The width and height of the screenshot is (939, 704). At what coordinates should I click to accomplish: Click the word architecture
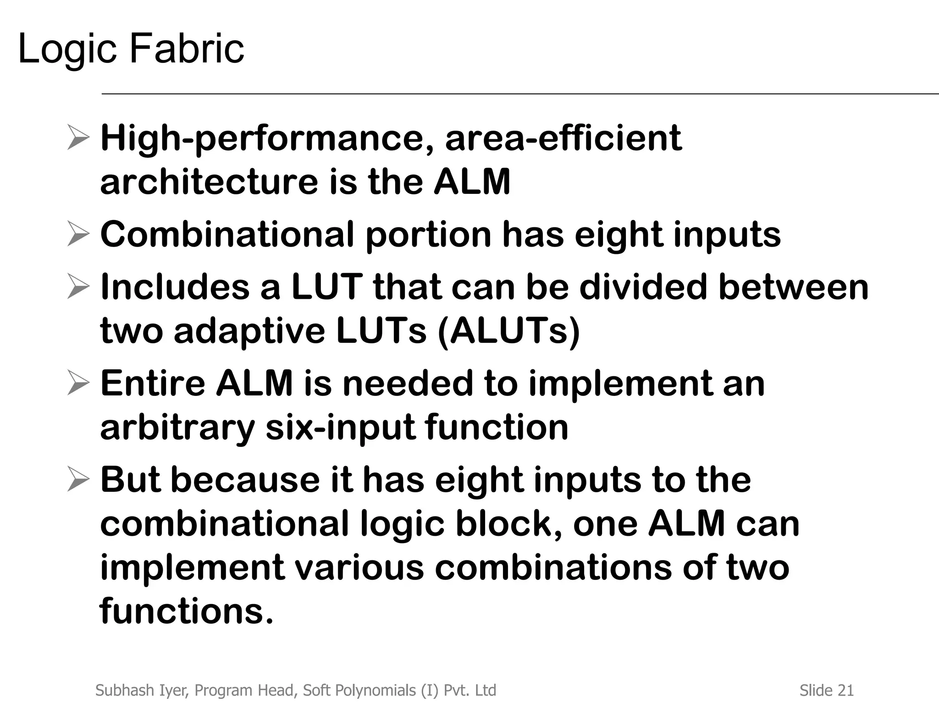(x=209, y=181)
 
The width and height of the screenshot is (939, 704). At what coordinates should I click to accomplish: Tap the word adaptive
(x=249, y=331)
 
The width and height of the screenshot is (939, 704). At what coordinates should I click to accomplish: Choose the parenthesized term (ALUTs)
(x=509, y=331)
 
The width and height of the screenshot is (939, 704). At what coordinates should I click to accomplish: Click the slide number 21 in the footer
(x=845, y=690)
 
